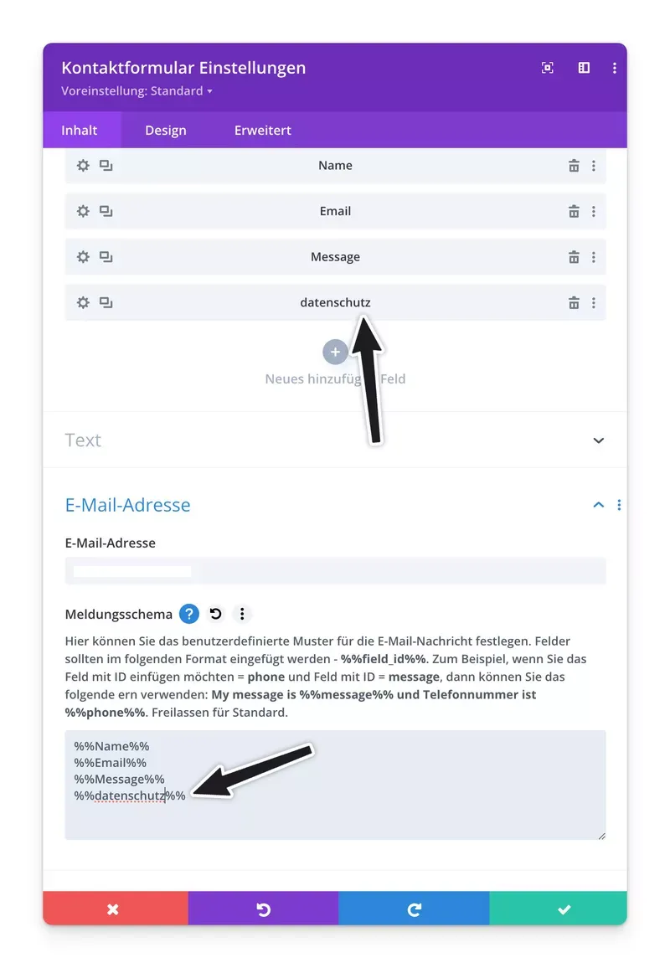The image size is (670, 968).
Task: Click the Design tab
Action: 166,131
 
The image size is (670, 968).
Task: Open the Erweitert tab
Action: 263,131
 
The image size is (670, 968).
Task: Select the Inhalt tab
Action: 80,131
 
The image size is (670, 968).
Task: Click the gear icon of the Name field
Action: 83,166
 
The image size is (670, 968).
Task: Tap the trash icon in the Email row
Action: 574,212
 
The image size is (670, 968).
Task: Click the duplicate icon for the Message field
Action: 106,257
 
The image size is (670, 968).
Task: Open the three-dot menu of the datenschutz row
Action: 594,303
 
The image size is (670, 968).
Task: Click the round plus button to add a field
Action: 335,353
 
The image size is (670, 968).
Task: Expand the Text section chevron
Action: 598,440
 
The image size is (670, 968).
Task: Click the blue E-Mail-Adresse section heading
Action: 128,505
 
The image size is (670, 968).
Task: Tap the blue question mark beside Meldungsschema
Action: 189,615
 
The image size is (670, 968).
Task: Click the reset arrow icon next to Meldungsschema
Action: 216,615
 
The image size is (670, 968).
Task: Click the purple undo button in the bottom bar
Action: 263,909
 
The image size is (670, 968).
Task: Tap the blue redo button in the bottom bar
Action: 414,909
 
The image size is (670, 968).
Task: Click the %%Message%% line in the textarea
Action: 119,780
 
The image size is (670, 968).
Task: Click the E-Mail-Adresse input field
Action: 335,571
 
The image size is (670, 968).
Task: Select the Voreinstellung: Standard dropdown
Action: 137,91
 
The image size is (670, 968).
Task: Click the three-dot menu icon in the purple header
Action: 615,68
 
